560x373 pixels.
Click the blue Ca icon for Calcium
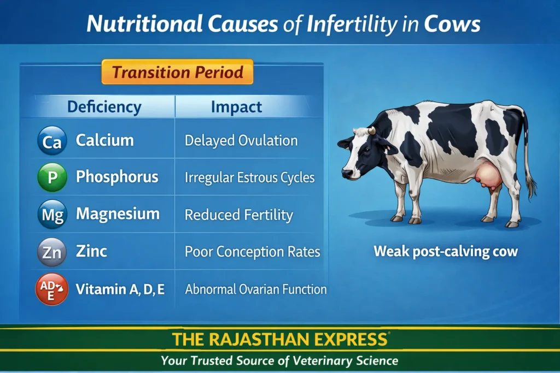pos(52,141)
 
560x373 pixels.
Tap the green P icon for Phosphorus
pos(52,177)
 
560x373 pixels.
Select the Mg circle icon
pos(52,214)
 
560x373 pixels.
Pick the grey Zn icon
pos(52,252)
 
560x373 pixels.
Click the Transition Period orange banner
pos(177,72)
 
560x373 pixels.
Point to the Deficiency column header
pos(104,106)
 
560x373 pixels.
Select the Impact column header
pos(236,106)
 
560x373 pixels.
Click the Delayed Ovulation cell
pos(241,140)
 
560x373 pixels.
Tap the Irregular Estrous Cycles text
pos(249,177)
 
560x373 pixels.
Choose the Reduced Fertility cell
pos(238,215)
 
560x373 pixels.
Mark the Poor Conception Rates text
pos(252,252)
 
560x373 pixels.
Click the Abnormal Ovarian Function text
pos(256,289)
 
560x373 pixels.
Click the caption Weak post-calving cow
pos(445,252)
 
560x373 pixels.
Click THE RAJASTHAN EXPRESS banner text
pos(279,340)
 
